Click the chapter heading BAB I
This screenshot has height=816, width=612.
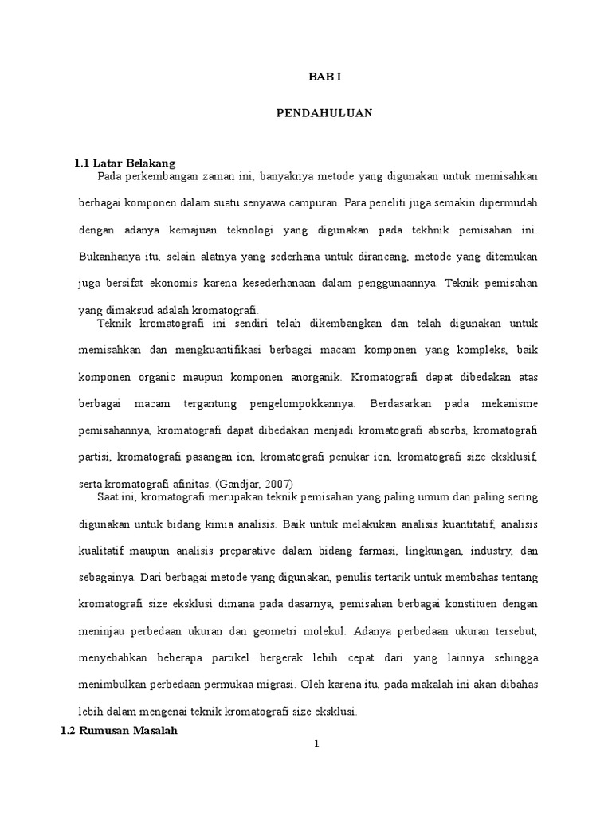tap(325, 76)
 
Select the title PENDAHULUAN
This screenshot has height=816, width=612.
tap(324, 114)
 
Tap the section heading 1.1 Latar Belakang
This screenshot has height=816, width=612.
tap(124, 163)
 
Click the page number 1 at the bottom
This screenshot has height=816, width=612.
tap(316, 744)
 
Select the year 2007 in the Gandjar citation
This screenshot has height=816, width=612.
tap(279, 483)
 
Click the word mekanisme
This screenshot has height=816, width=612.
tap(508, 403)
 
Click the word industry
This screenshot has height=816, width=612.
tap(492, 551)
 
